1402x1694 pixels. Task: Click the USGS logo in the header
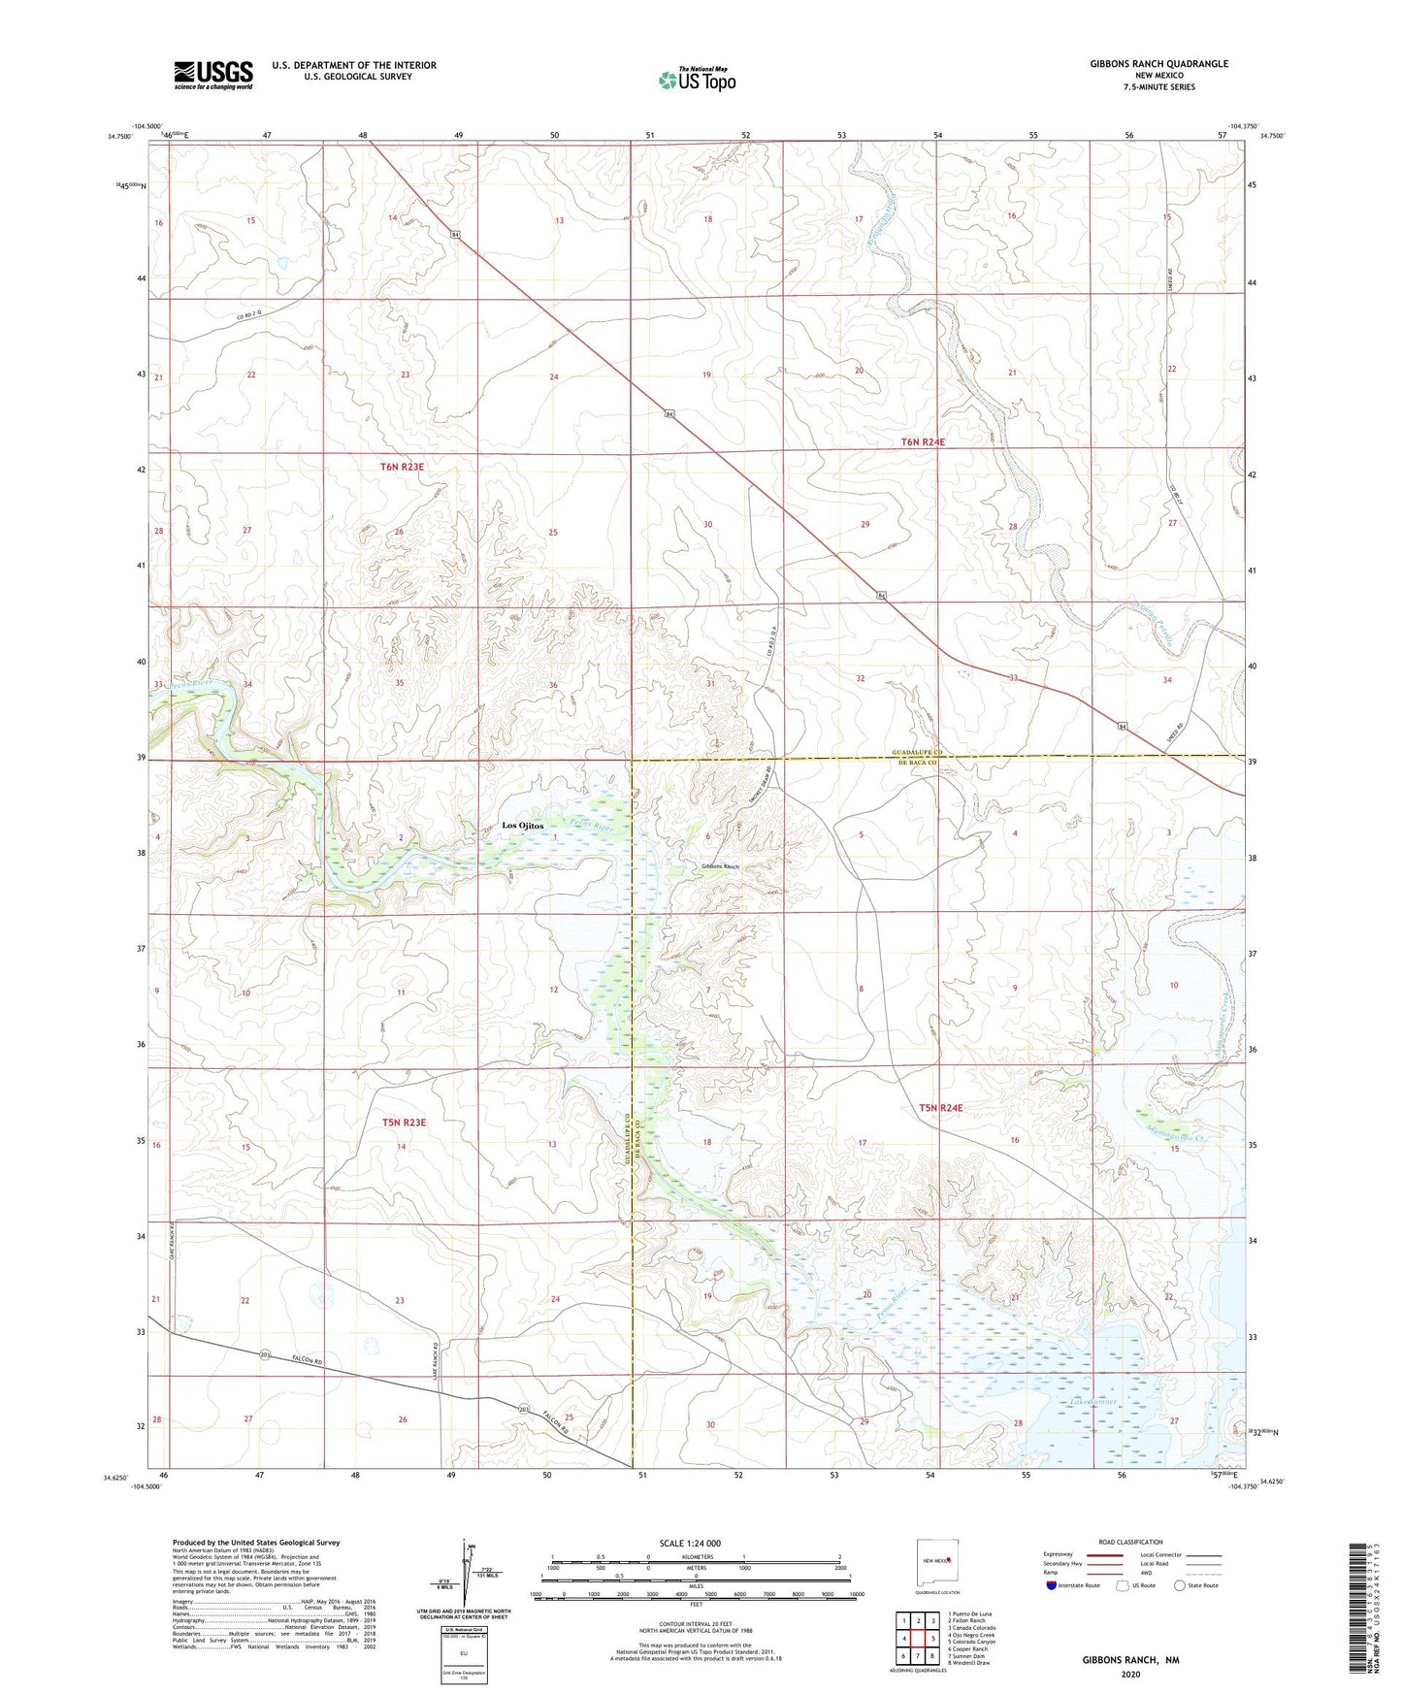click(x=213, y=74)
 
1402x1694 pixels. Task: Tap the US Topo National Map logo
click(x=696, y=79)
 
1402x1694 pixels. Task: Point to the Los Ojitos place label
click(x=522, y=826)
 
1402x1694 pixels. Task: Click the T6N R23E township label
click(x=402, y=468)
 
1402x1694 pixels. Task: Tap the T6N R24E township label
click(x=923, y=442)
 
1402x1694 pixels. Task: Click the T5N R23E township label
click(x=404, y=1123)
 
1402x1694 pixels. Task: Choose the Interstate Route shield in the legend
click(x=1052, y=1585)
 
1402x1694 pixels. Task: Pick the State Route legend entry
click(x=1180, y=1585)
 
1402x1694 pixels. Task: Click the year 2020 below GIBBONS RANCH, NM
click(x=1130, y=1674)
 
